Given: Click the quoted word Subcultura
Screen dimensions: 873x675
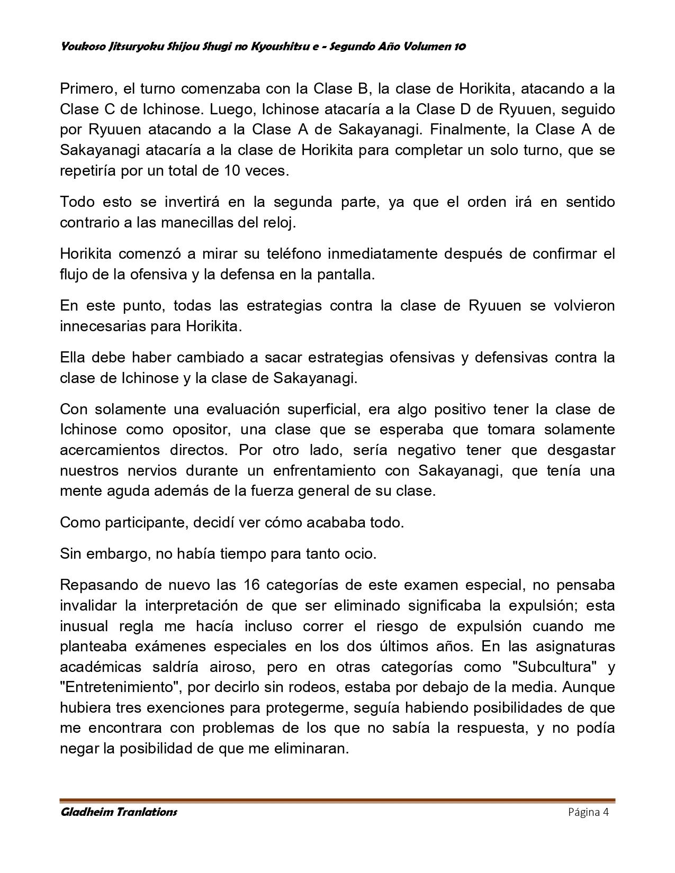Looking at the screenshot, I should pyautogui.click(x=554, y=667).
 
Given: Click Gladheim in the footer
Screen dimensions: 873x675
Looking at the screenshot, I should pyautogui.click(x=88, y=812).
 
